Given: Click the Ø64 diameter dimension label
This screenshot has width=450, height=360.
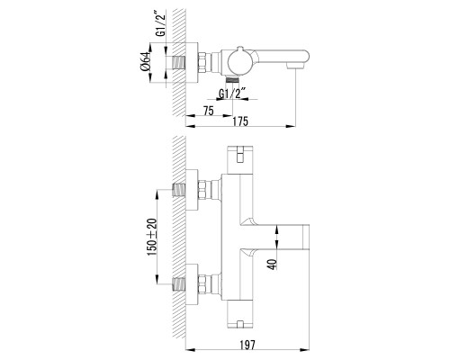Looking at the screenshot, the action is click(145, 62).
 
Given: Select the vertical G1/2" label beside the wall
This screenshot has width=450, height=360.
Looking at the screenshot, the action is click(161, 23).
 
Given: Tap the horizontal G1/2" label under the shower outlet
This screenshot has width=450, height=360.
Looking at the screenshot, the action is click(232, 94).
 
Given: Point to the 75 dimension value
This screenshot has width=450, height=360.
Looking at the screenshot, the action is click(209, 111).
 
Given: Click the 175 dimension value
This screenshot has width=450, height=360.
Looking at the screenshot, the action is click(240, 121).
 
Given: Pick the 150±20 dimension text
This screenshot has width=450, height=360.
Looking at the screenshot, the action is click(152, 237).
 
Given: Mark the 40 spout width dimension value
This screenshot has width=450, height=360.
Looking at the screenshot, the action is click(273, 264).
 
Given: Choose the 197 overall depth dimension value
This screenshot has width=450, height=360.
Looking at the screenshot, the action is click(247, 345).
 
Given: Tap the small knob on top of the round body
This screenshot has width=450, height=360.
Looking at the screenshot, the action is click(240, 49).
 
